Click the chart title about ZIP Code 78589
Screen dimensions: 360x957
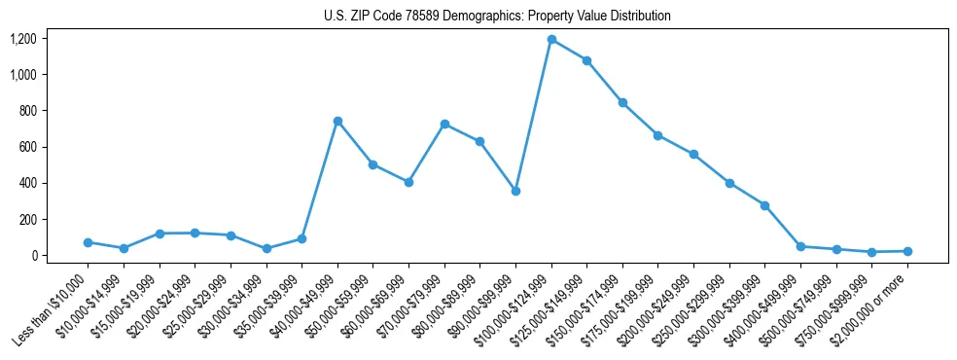point(497,17)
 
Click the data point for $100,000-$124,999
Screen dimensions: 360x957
point(551,40)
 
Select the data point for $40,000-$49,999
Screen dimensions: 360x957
point(337,121)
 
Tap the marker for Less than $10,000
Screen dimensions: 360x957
point(88,242)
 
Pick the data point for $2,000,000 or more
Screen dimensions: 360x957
point(907,251)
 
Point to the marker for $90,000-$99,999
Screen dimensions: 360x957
point(515,191)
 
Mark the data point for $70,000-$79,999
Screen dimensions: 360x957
point(444,124)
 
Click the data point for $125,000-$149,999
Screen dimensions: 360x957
point(586,60)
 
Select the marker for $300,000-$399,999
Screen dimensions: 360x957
point(765,205)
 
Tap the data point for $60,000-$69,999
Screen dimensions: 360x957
point(408,182)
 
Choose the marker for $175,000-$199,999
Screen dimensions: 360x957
point(658,135)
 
